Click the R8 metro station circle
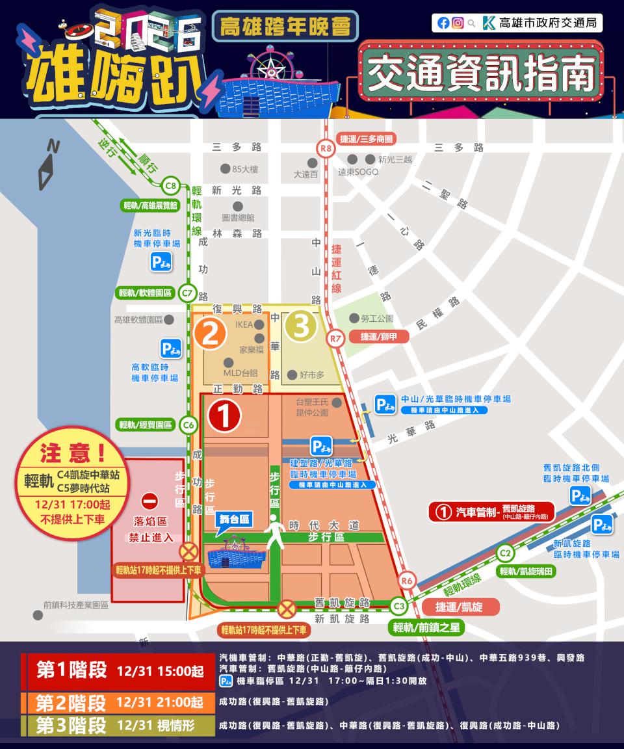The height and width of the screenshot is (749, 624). (326, 150)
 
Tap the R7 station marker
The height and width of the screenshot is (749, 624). (335, 338)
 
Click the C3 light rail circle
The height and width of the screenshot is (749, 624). (400, 606)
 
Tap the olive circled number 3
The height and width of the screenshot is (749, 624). (301, 325)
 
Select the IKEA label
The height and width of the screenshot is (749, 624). (244, 324)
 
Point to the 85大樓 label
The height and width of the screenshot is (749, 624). (245, 170)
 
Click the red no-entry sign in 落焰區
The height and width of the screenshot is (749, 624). (149, 501)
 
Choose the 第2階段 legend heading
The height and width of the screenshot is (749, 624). (71, 703)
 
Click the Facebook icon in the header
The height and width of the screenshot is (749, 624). (443, 23)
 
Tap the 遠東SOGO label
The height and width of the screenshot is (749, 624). (357, 173)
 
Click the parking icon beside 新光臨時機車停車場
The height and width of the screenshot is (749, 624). (161, 262)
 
